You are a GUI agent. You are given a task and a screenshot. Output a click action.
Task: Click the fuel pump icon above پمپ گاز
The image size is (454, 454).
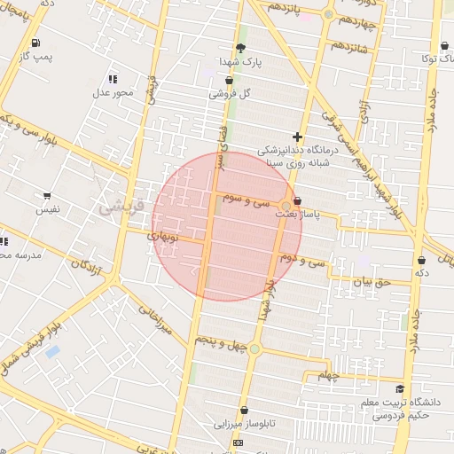35,43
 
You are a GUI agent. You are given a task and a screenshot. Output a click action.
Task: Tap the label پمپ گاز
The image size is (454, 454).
37,57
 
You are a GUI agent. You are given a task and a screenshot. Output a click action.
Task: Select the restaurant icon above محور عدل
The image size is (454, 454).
112,79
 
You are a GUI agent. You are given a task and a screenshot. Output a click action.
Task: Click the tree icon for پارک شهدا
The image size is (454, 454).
240,49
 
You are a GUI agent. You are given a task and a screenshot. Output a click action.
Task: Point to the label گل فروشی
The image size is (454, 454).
230,93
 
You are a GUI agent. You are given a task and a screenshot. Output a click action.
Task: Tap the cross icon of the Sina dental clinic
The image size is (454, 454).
297,137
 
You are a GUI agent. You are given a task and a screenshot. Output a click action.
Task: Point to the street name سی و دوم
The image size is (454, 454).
301,260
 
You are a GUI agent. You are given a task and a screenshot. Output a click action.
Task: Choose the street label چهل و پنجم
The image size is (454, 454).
217,340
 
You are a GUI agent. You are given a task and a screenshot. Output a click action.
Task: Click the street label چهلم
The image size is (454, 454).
329,376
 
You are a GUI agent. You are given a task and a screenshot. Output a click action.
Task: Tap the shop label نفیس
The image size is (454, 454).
47,210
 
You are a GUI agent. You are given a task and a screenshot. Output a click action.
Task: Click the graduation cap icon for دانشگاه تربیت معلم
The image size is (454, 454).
400,388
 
